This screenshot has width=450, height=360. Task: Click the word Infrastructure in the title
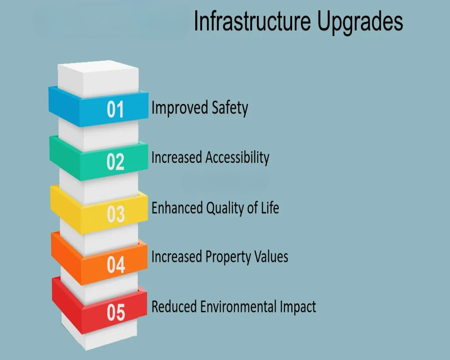click(x=252, y=21)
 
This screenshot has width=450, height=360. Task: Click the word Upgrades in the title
click(x=360, y=23)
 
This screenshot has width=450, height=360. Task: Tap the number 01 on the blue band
click(x=115, y=109)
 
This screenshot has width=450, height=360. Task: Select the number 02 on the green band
click(x=115, y=162)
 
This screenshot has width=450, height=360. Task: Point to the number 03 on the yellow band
click(x=116, y=214)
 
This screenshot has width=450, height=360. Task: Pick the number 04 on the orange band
click(x=116, y=265)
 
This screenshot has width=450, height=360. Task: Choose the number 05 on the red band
click(x=116, y=312)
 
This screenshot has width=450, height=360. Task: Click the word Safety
click(x=230, y=108)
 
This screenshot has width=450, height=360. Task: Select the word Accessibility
click(x=238, y=157)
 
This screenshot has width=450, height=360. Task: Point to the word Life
click(x=270, y=207)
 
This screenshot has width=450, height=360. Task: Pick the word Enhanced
click(x=177, y=207)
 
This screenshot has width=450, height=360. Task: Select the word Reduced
click(x=174, y=306)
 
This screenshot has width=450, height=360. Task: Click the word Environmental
click(x=238, y=306)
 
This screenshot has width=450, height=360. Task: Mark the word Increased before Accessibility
click(x=177, y=157)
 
